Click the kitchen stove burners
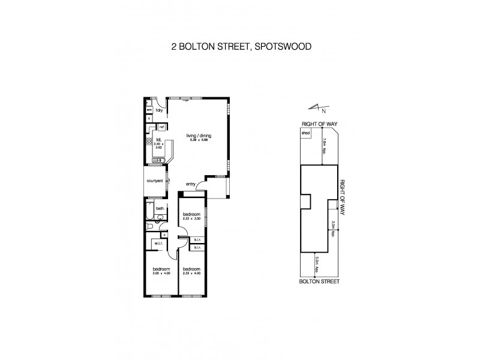click(148, 142)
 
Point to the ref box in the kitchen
click(161, 127)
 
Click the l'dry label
click(160, 111)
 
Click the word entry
click(191, 184)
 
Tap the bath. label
click(160, 208)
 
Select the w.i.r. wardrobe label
click(159, 244)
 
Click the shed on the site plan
click(305, 133)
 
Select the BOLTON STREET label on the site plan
click(319, 280)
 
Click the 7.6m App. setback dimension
click(324, 146)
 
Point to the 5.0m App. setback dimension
click(316, 263)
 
